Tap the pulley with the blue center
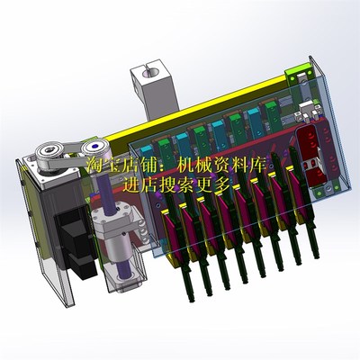(x=94, y=148)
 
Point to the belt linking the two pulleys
(x=71, y=152)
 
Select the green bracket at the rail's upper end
(x=298, y=74)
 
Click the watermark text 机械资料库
(x=221, y=166)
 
